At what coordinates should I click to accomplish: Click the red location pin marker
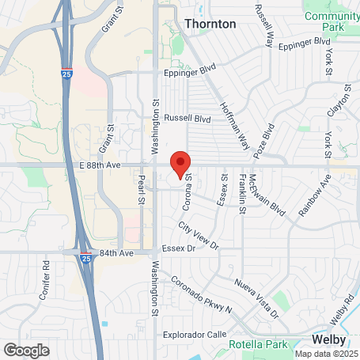(180, 165)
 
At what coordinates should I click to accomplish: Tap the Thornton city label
(210, 24)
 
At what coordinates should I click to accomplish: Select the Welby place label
(328, 338)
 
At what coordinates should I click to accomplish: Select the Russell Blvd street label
(187, 118)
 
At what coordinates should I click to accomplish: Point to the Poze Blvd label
(265, 138)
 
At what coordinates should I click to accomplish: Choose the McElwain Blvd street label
(255, 195)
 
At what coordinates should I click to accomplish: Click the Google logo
(26, 349)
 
